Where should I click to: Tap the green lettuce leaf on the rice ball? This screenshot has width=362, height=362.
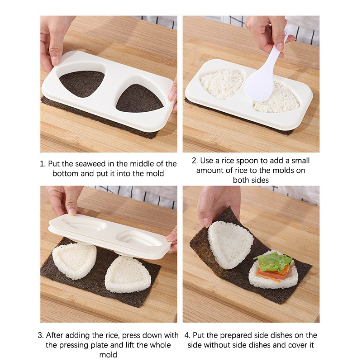pyautogui.click(x=274, y=262)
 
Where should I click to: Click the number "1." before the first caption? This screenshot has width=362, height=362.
pyautogui.click(x=43, y=164)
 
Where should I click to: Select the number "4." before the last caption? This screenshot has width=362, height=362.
pyautogui.click(x=187, y=335)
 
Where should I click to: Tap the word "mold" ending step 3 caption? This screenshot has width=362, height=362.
pyautogui.click(x=108, y=355)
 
